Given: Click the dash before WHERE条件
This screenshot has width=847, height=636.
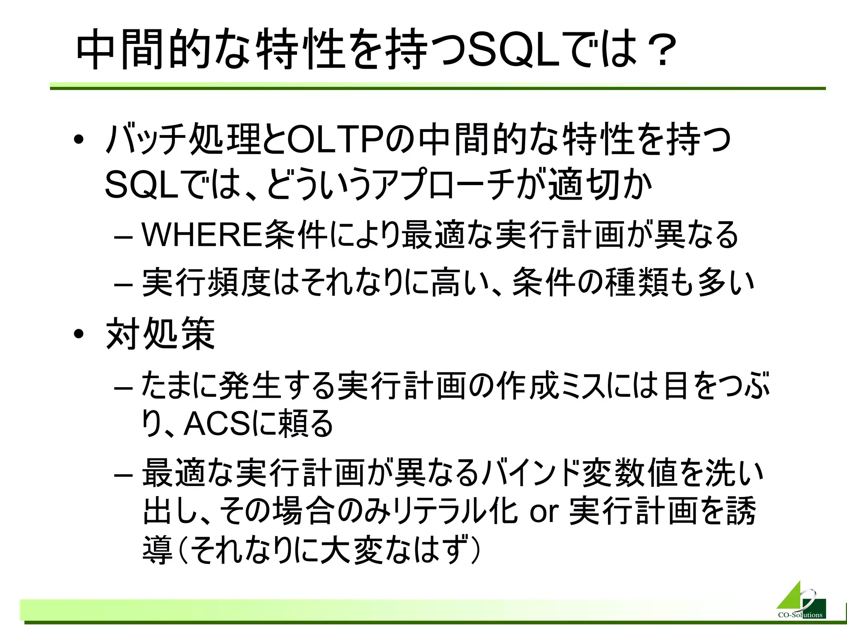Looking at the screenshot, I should pos(123,238).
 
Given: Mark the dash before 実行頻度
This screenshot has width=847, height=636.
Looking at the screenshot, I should pos(123,285).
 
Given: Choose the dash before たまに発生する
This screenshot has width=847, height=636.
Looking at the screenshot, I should pos(123,388).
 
